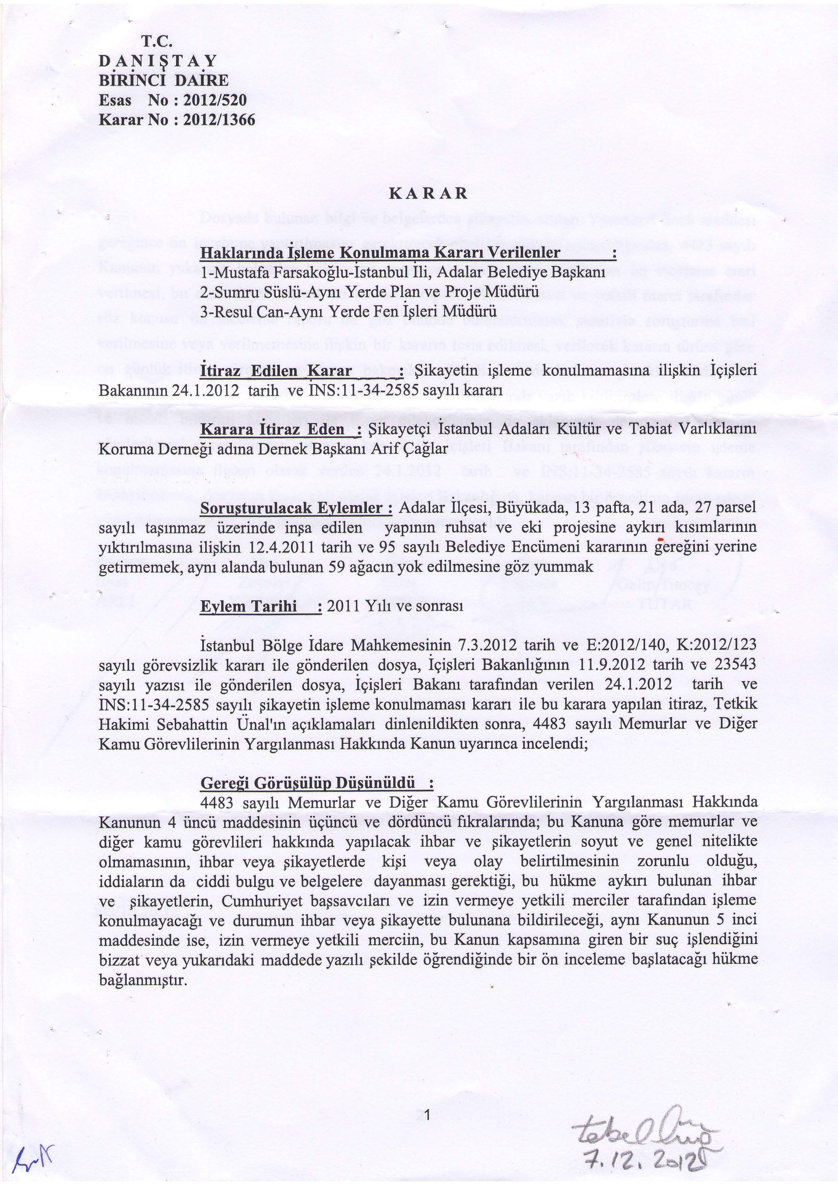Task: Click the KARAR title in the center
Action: [428, 194]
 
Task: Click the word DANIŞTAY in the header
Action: [158, 61]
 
